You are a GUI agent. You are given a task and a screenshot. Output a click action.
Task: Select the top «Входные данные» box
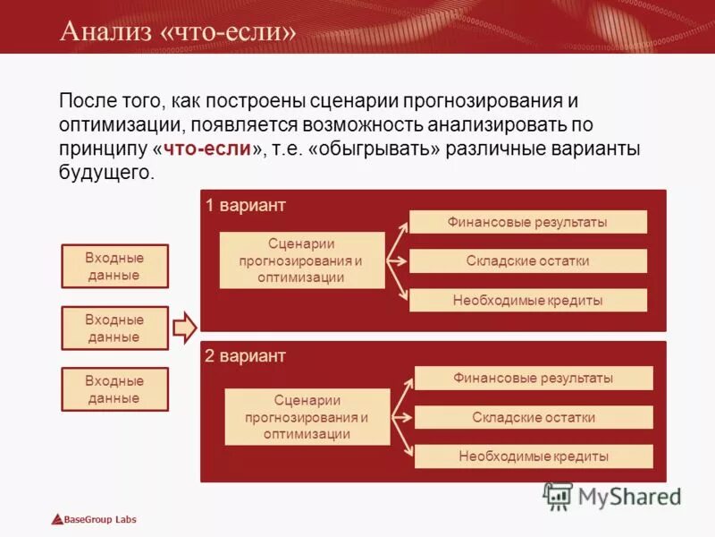pyautogui.click(x=114, y=267)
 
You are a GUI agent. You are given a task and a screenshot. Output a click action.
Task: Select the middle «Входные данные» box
pyautogui.click(x=114, y=328)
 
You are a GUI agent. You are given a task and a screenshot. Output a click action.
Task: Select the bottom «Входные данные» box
pyautogui.click(x=114, y=390)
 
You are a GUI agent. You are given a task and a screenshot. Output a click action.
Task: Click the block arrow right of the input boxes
pyautogui.click(x=184, y=328)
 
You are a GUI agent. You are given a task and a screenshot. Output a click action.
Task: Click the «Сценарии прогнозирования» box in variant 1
pyautogui.click(x=302, y=260)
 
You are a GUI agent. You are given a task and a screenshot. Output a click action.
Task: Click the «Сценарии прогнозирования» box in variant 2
pyautogui.click(x=307, y=417)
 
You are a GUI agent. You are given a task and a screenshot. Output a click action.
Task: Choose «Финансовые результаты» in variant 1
pyautogui.click(x=527, y=222)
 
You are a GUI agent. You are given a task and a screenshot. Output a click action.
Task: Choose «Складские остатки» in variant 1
pyautogui.click(x=527, y=261)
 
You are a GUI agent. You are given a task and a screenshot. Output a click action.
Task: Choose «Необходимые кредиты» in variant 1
pyautogui.click(x=527, y=301)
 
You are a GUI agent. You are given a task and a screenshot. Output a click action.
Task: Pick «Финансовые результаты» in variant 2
pyautogui.click(x=534, y=378)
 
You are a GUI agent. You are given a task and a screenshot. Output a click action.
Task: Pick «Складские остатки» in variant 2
pyautogui.click(x=534, y=417)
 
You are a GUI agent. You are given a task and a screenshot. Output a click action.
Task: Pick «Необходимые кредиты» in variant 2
pyautogui.click(x=534, y=456)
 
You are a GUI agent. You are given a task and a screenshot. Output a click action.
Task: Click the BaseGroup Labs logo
pyautogui.click(x=94, y=520)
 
